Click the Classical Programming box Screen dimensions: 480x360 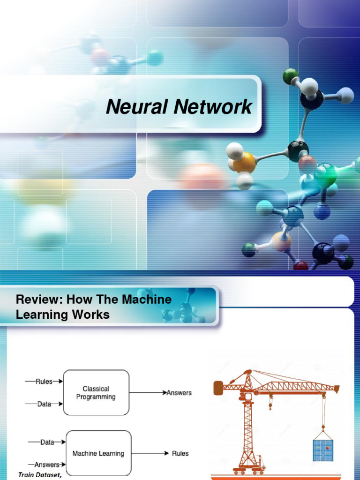96,393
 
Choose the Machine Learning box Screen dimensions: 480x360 98,453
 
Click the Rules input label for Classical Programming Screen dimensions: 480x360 44,382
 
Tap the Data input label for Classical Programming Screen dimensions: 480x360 44,404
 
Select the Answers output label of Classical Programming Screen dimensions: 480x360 180,393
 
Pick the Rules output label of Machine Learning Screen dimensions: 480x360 180,453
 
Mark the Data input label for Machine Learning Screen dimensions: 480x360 47,442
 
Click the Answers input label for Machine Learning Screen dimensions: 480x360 47,465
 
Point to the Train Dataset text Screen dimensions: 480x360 40,475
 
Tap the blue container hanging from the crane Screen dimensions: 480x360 323,450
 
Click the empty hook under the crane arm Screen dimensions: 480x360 270,405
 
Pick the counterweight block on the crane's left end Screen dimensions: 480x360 218,388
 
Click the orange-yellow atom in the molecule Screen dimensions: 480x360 244,163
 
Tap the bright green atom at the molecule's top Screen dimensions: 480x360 291,76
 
